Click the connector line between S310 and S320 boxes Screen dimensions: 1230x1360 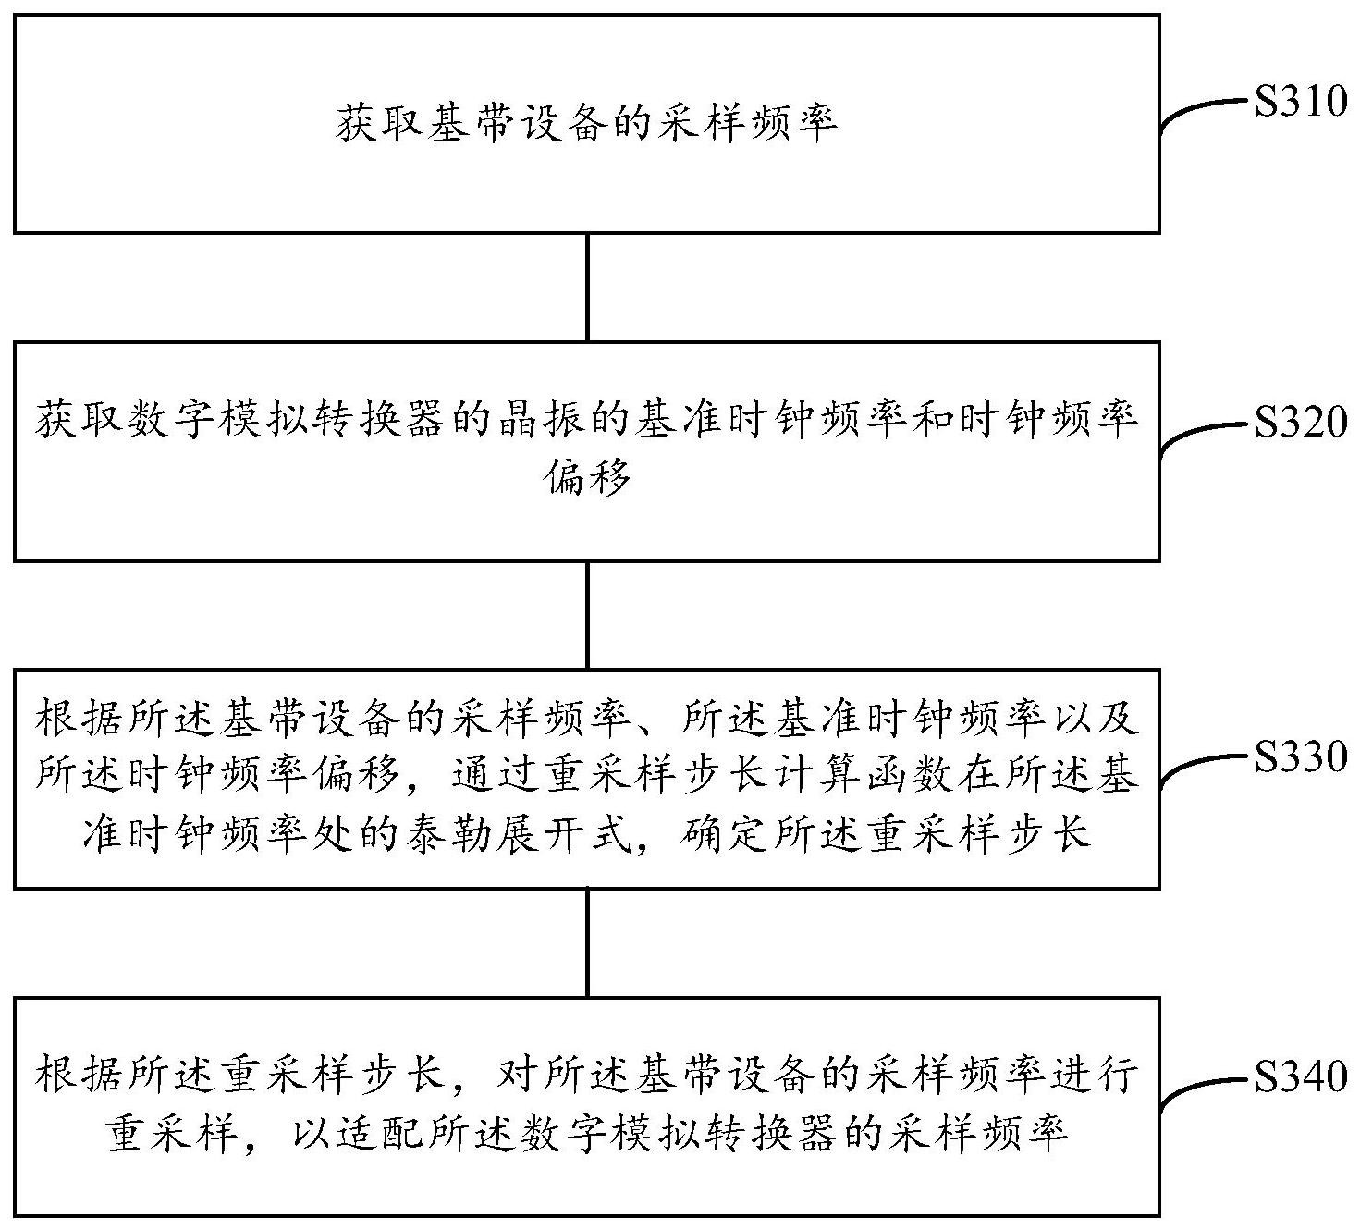pyautogui.click(x=588, y=287)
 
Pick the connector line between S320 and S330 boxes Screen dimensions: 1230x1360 pyautogui.click(x=588, y=614)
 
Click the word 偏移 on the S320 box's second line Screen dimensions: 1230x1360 pyautogui.click(x=589, y=477)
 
